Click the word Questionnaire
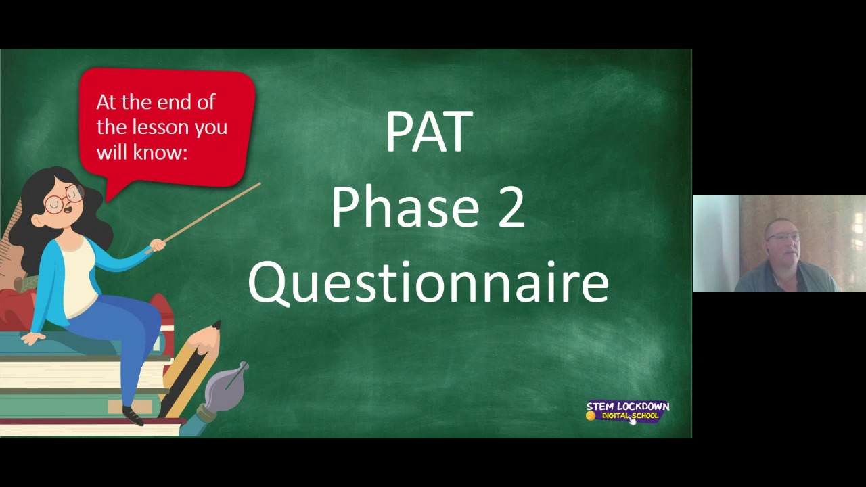coord(428,282)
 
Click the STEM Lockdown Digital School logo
coord(627,411)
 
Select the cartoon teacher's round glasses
coord(62,202)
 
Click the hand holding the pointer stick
coord(157,245)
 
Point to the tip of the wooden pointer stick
coord(258,184)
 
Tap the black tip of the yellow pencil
coord(216,325)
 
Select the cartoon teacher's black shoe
coord(133,415)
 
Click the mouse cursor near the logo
coord(633,420)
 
